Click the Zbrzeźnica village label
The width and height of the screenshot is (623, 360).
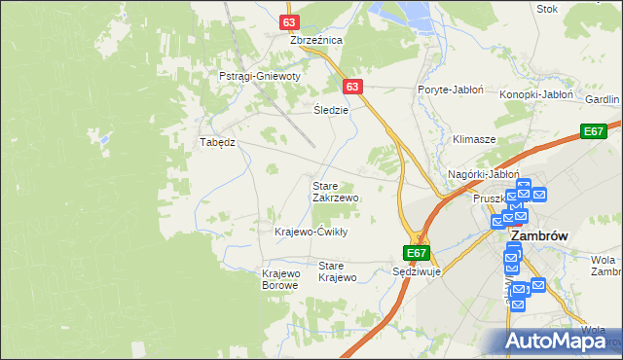(316, 41)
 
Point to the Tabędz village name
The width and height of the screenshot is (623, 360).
(218, 141)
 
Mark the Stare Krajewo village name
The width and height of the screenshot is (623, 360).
(338, 271)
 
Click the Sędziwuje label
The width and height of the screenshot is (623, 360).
(417, 272)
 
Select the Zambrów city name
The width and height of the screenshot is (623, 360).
(539, 235)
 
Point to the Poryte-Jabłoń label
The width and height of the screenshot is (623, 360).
(451, 90)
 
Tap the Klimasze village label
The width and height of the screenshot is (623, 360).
(474, 140)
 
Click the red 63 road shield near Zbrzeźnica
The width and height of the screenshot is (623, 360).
(288, 20)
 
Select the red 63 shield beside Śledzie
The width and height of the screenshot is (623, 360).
(352, 87)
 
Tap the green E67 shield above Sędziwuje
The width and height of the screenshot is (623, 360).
(417, 253)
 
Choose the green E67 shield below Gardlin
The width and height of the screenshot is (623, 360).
(594, 131)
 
